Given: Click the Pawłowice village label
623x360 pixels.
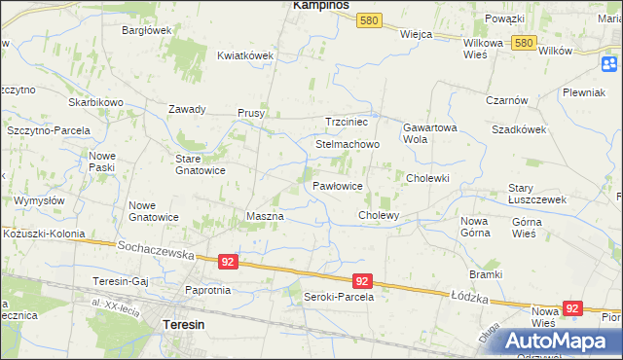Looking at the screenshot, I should [338, 185].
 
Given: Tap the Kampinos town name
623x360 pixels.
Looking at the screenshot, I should [321, 6].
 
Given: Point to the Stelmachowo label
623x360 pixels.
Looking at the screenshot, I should [347, 144].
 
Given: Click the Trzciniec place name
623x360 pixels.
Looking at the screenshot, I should [347, 122].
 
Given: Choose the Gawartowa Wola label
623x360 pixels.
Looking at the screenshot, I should [429, 133].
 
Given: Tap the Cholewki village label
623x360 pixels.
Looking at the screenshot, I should [427, 178].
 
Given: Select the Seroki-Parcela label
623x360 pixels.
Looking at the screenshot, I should [339, 297].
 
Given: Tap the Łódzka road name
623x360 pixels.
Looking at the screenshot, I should [467, 293].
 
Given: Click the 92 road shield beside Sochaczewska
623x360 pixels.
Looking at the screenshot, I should [227, 262].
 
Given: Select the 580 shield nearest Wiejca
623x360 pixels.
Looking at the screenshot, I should [368, 19].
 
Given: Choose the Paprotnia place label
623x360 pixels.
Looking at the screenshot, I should [207, 290].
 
